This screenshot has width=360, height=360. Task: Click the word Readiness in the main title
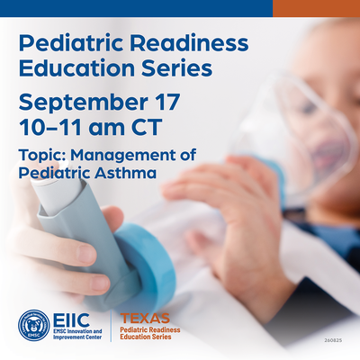pos(189,43)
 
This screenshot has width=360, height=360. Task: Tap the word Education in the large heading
pos(76,68)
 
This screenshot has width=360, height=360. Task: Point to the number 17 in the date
pos(168,102)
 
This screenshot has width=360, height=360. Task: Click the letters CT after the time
pos(147,127)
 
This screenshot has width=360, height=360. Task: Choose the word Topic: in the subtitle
pos(42,156)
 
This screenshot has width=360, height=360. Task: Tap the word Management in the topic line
pos(122,156)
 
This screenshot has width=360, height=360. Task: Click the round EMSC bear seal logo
pos(34,326)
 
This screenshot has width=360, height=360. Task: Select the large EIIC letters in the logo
pos(71,319)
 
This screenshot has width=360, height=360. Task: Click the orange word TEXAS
pos(145,319)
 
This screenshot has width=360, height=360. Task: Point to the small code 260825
pos(333,340)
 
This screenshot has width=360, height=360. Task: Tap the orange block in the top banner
pos(316,8)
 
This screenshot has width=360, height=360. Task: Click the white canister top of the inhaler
pos(56,191)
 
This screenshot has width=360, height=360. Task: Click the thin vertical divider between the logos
pos(111,326)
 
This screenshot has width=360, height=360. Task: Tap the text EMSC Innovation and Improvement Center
pos(77,334)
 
